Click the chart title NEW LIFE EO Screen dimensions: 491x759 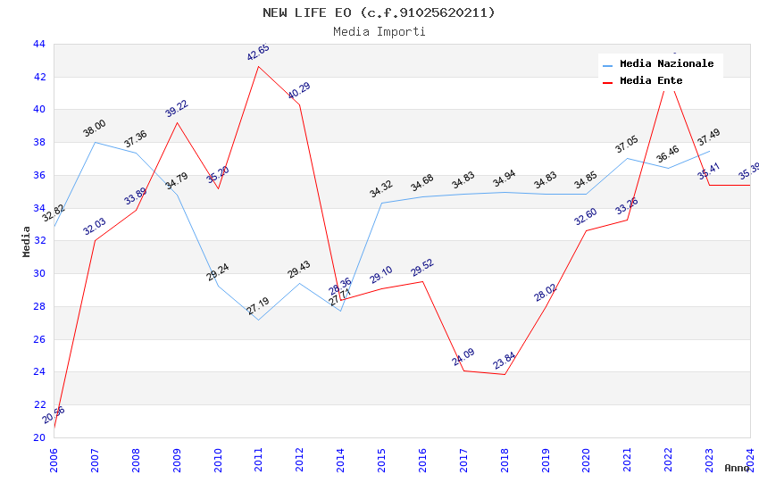pyautogui.click(x=379, y=12)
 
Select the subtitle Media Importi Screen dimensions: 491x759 pyautogui.click(x=379, y=31)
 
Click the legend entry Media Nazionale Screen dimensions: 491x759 pyautogui.click(x=666, y=64)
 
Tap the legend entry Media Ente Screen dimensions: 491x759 pyautogui.click(x=651, y=81)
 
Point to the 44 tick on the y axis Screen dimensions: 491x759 pyautogui.click(x=38, y=44)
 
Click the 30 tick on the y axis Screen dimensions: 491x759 pyautogui.click(x=38, y=274)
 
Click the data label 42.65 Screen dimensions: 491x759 pyautogui.click(x=258, y=54)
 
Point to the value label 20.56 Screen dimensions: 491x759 pyautogui.click(x=54, y=415)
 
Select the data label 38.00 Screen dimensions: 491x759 pyautogui.click(x=95, y=129)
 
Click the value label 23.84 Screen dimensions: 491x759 pyautogui.click(x=505, y=361)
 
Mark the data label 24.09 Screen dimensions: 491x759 pyautogui.click(x=463, y=358)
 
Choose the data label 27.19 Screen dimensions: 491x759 pyautogui.click(x=259, y=306)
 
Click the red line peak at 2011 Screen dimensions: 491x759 pyautogui.click(x=259, y=66)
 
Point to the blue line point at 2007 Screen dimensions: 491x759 pyautogui.click(x=95, y=143)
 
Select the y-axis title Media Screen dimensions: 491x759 pyautogui.click(x=27, y=241)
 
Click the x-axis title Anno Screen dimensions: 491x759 pyautogui.click(x=737, y=468)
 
